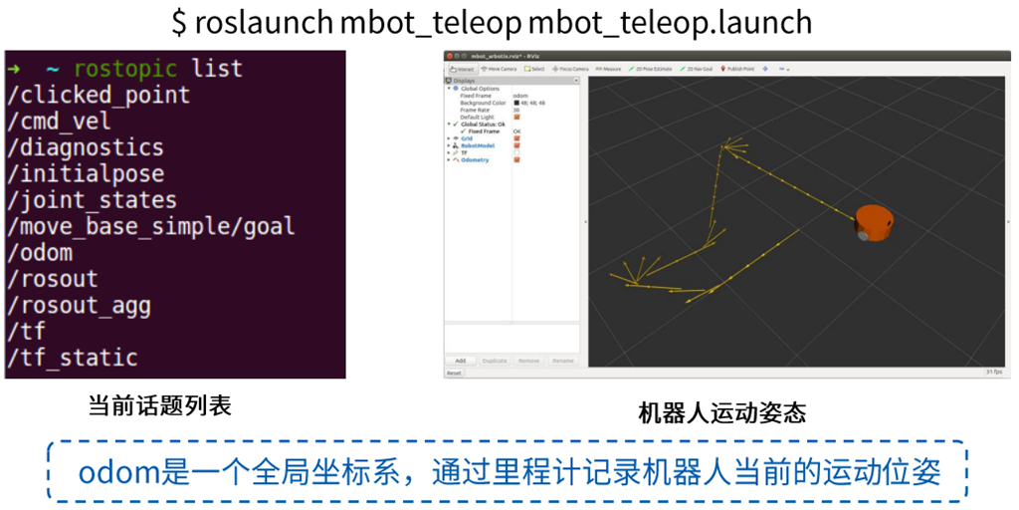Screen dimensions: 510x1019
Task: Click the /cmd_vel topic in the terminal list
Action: point(59,122)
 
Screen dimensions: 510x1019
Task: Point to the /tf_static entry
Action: point(72,357)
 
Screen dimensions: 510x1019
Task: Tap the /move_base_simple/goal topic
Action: point(150,226)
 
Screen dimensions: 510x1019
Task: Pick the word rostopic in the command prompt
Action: point(124,69)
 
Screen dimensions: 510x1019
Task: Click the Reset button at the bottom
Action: point(454,373)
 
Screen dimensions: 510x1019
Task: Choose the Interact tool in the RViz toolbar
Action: point(464,69)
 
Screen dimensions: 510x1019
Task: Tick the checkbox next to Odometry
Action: point(516,159)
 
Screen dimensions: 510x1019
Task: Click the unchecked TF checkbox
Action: point(516,152)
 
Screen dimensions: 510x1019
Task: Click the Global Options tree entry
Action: point(480,89)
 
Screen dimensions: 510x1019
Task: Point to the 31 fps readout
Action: point(992,373)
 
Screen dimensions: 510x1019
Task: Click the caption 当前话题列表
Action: point(159,406)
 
